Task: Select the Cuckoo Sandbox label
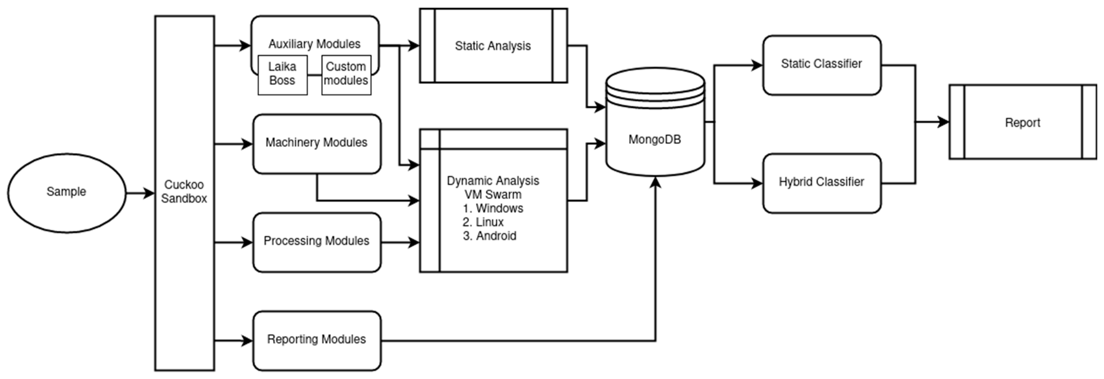[x=184, y=192]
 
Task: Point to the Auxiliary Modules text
[x=314, y=44]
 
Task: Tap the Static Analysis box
[x=493, y=46]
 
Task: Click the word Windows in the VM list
[x=499, y=208]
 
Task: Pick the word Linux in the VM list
[x=489, y=222]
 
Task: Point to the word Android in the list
[x=496, y=236]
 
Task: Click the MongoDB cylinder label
[x=654, y=139]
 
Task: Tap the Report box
[x=1023, y=123]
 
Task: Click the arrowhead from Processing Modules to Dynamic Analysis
[x=414, y=243]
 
